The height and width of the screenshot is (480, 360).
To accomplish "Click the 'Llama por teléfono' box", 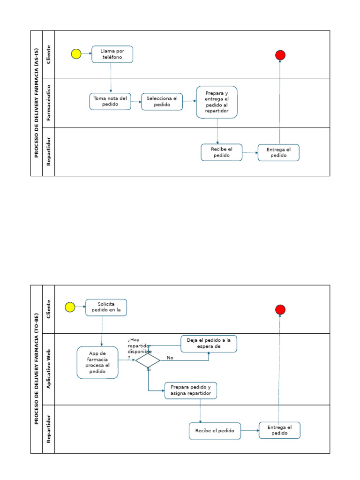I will pyautogui.click(x=112, y=54).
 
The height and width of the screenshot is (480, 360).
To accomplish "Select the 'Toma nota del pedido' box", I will pyautogui.click(x=110, y=101).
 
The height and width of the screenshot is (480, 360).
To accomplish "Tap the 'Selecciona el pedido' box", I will pyautogui.click(x=162, y=101).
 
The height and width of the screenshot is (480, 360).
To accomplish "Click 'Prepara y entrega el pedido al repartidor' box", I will pyautogui.click(x=217, y=102).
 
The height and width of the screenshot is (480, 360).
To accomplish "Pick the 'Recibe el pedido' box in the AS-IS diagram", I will pyautogui.click(x=222, y=152).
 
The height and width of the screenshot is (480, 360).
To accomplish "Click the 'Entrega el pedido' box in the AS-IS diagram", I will pyautogui.click(x=278, y=153).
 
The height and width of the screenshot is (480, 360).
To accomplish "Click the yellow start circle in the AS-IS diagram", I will pyautogui.click(x=76, y=54).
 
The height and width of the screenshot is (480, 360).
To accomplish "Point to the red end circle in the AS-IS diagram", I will pyautogui.click(x=280, y=55).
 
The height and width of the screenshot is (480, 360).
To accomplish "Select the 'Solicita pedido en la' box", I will pyautogui.click(x=106, y=307).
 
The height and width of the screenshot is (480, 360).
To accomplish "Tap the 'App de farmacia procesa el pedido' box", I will pyautogui.click(x=97, y=362).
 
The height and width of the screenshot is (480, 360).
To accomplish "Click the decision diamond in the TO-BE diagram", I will pyautogui.click(x=148, y=360).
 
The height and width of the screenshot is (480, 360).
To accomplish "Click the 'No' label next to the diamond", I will pyautogui.click(x=170, y=358).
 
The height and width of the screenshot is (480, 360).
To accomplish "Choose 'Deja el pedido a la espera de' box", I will pyautogui.click(x=209, y=344).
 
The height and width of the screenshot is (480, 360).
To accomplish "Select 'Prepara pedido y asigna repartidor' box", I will pyautogui.click(x=190, y=390).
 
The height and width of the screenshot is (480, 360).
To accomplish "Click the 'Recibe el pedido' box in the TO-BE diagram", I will pyautogui.click(x=215, y=431).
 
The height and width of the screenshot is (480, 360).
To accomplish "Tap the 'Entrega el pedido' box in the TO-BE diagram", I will pyautogui.click(x=279, y=430).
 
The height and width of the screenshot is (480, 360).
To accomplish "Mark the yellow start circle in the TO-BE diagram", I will pyautogui.click(x=70, y=307).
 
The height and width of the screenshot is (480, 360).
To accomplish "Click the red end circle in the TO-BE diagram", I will pyautogui.click(x=280, y=309).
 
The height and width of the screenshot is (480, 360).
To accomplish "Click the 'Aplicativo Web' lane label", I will pyautogui.click(x=48, y=369).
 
